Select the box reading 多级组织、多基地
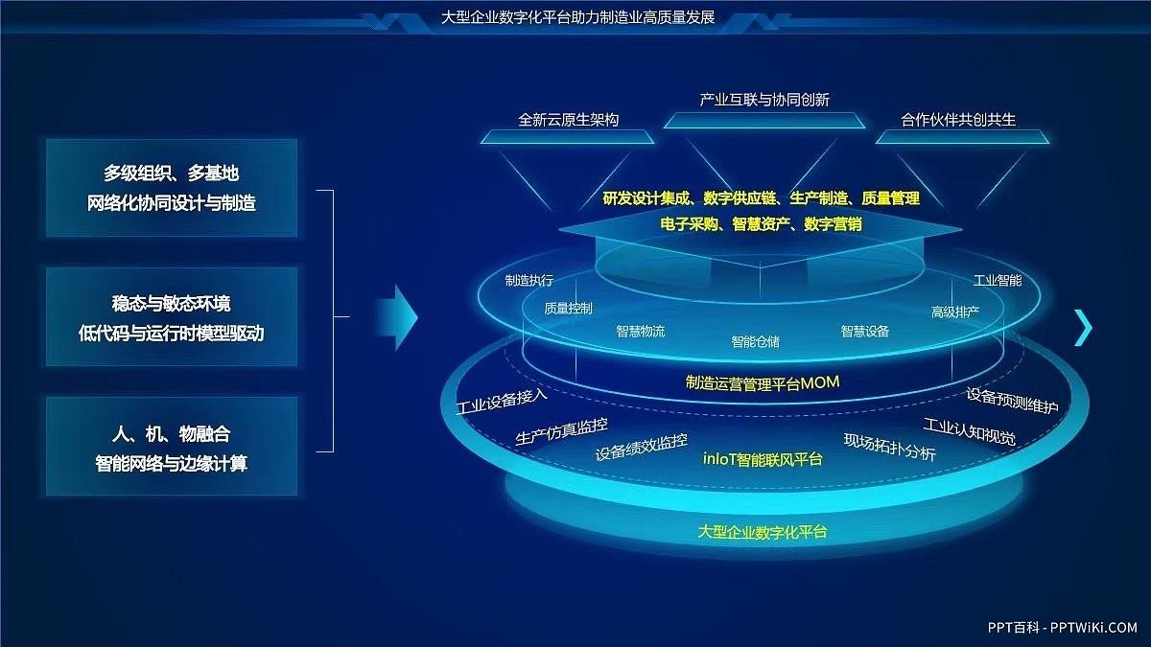click(172, 188)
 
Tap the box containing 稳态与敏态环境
click(172, 318)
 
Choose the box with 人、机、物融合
click(172, 448)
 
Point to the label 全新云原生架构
click(568, 120)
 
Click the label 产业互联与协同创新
click(764, 100)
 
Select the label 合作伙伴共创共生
click(957, 120)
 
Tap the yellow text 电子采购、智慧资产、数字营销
click(761, 223)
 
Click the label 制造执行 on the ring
click(529, 281)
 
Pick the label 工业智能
click(998, 281)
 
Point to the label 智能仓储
click(755, 341)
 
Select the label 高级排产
click(955, 312)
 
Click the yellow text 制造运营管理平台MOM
click(763, 382)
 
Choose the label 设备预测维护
click(1012, 401)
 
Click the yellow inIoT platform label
click(763, 458)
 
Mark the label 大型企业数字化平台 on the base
click(763, 531)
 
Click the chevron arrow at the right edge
click(1083, 328)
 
